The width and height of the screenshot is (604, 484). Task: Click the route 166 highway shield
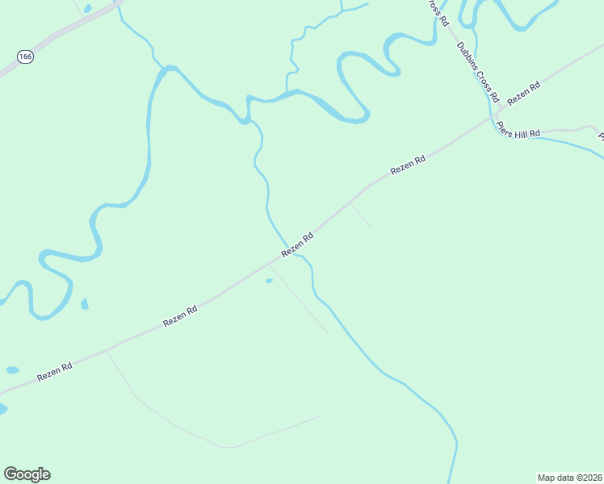26,56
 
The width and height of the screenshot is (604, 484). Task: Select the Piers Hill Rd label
518,131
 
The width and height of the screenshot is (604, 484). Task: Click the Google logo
27,474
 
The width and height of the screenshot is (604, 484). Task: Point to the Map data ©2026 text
568,477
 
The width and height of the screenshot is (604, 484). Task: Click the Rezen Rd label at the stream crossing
297,245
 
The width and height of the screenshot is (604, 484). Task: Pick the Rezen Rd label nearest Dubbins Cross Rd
523,95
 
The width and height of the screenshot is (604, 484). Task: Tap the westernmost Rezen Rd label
55,372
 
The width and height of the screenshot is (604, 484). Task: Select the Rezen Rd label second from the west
180,315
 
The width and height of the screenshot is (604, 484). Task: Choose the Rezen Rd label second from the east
408,165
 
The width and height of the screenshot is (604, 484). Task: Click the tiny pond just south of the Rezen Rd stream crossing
269,282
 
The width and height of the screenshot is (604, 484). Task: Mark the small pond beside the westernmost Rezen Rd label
12,370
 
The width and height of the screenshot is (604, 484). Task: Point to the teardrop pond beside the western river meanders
84,304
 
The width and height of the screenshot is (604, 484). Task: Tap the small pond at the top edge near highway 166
87,9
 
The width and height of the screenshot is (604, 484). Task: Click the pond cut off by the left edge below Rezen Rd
2,409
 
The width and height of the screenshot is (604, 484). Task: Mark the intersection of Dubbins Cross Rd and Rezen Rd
494,115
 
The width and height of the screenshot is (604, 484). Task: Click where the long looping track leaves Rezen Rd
107,351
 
